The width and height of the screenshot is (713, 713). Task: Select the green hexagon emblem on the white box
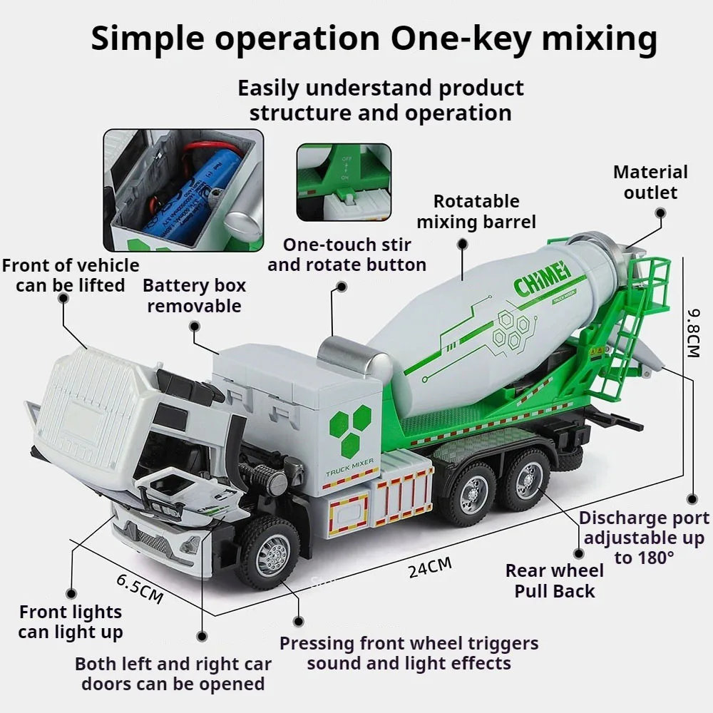pyautogui.click(x=350, y=430)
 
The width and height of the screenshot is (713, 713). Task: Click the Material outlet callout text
pyautogui.click(x=650, y=182)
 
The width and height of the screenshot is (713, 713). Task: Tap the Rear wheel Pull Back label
pyautogui.click(x=555, y=580)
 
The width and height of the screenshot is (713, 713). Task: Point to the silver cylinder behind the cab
pyautogui.click(x=351, y=356)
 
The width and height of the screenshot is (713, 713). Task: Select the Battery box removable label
pyautogui.click(x=194, y=296)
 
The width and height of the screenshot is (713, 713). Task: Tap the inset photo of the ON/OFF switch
pyautogui.click(x=344, y=182)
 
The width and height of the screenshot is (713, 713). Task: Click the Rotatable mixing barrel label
pyautogui.click(x=476, y=212)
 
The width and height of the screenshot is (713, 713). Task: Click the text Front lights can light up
pyautogui.click(x=71, y=622)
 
